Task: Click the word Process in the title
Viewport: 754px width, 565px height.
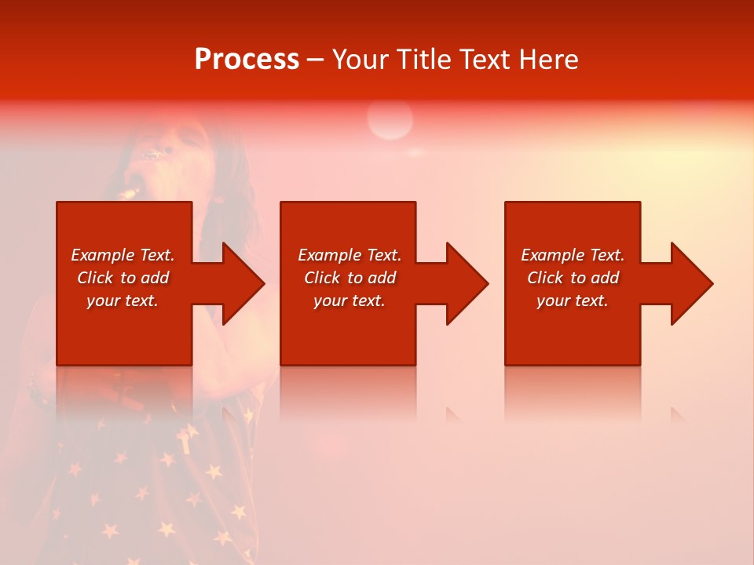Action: tap(247, 60)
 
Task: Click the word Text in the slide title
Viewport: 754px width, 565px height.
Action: tap(484, 60)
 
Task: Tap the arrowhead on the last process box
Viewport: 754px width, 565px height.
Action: tap(690, 283)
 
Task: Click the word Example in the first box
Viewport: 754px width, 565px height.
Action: tap(103, 255)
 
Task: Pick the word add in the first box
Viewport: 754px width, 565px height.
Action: tap(154, 278)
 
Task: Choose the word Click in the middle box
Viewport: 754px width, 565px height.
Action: tap(321, 278)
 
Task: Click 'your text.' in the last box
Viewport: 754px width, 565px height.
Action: tap(572, 301)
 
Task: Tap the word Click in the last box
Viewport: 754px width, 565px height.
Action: tap(544, 278)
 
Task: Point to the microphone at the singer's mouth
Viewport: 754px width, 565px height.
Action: tap(130, 191)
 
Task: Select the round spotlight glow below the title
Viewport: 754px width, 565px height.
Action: tap(390, 120)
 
